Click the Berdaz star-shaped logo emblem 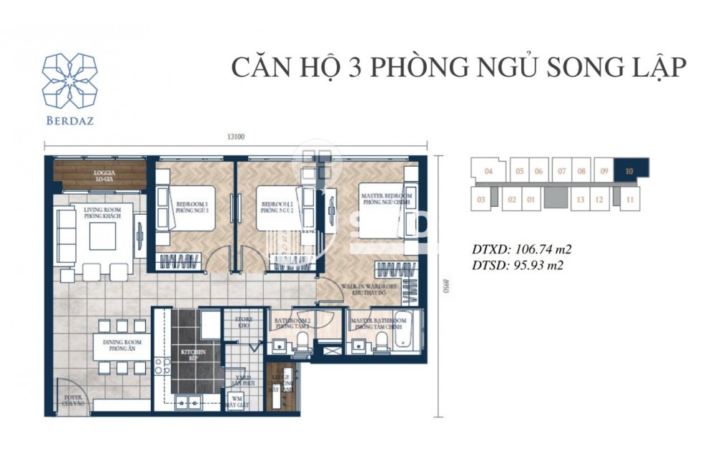tap(69, 80)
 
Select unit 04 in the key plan tap(488, 171)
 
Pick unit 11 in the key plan tap(628, 200)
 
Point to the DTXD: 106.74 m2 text tap(522, 250)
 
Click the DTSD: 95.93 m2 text tap(518, 266)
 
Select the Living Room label tap(97, 213)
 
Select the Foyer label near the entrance tap(71, 399)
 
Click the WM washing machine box tap(235, 402)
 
